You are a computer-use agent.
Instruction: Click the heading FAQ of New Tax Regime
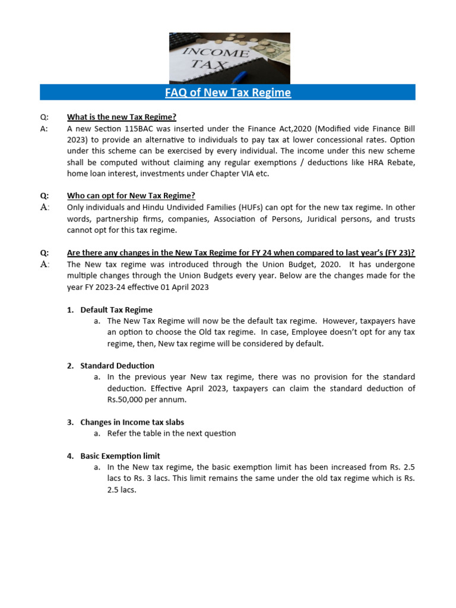point(227,93)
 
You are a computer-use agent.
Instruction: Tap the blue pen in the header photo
point(240,76)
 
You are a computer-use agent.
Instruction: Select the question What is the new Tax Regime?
point(122,116)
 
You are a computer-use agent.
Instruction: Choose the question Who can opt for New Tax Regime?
point(131,196)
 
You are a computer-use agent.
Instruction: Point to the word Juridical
point(309,219)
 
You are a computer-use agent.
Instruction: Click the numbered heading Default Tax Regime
point(116,310)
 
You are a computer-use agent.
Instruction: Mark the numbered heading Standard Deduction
point(117,366)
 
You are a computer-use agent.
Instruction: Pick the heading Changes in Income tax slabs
point(132,422)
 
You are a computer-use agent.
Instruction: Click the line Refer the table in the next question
point(172,433)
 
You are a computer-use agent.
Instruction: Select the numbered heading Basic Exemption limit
point(120,456)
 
